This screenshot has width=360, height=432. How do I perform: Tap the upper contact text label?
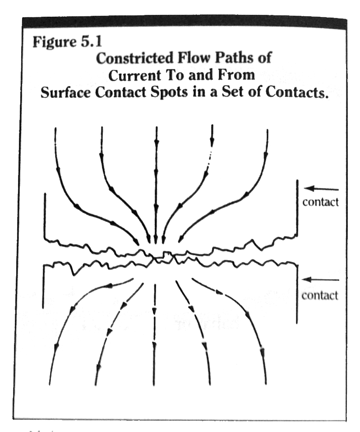click(320, 202)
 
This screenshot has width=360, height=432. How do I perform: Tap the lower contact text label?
click(320, 296)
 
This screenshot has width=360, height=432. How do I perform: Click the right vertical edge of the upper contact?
click(297, 207)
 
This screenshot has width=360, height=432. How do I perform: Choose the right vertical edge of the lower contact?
click(297, 293)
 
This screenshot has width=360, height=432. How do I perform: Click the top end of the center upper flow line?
click(156, 129)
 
